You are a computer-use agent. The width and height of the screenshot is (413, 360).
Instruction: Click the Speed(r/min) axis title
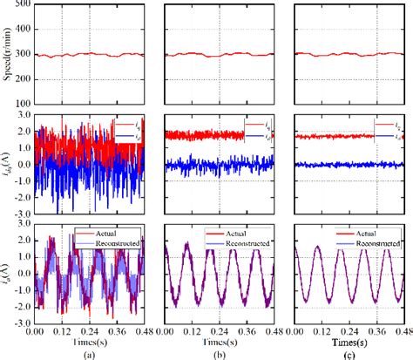tap(7, 55)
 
